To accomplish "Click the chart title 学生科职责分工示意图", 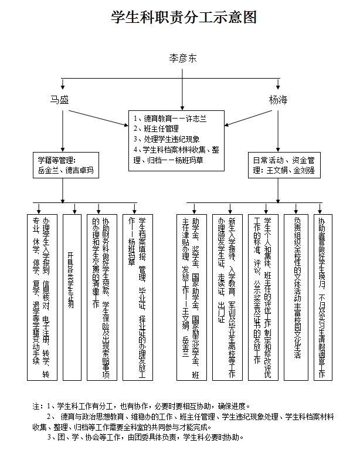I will click(x=184, y=18).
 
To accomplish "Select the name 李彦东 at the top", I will click(x=183, y=58).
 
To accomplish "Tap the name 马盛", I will click(x=59, y=100).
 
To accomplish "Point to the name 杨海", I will click(x=279, y=100).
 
